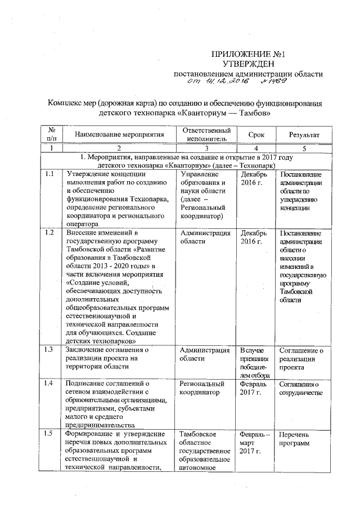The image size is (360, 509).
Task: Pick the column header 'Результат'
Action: (x=304, y=135)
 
